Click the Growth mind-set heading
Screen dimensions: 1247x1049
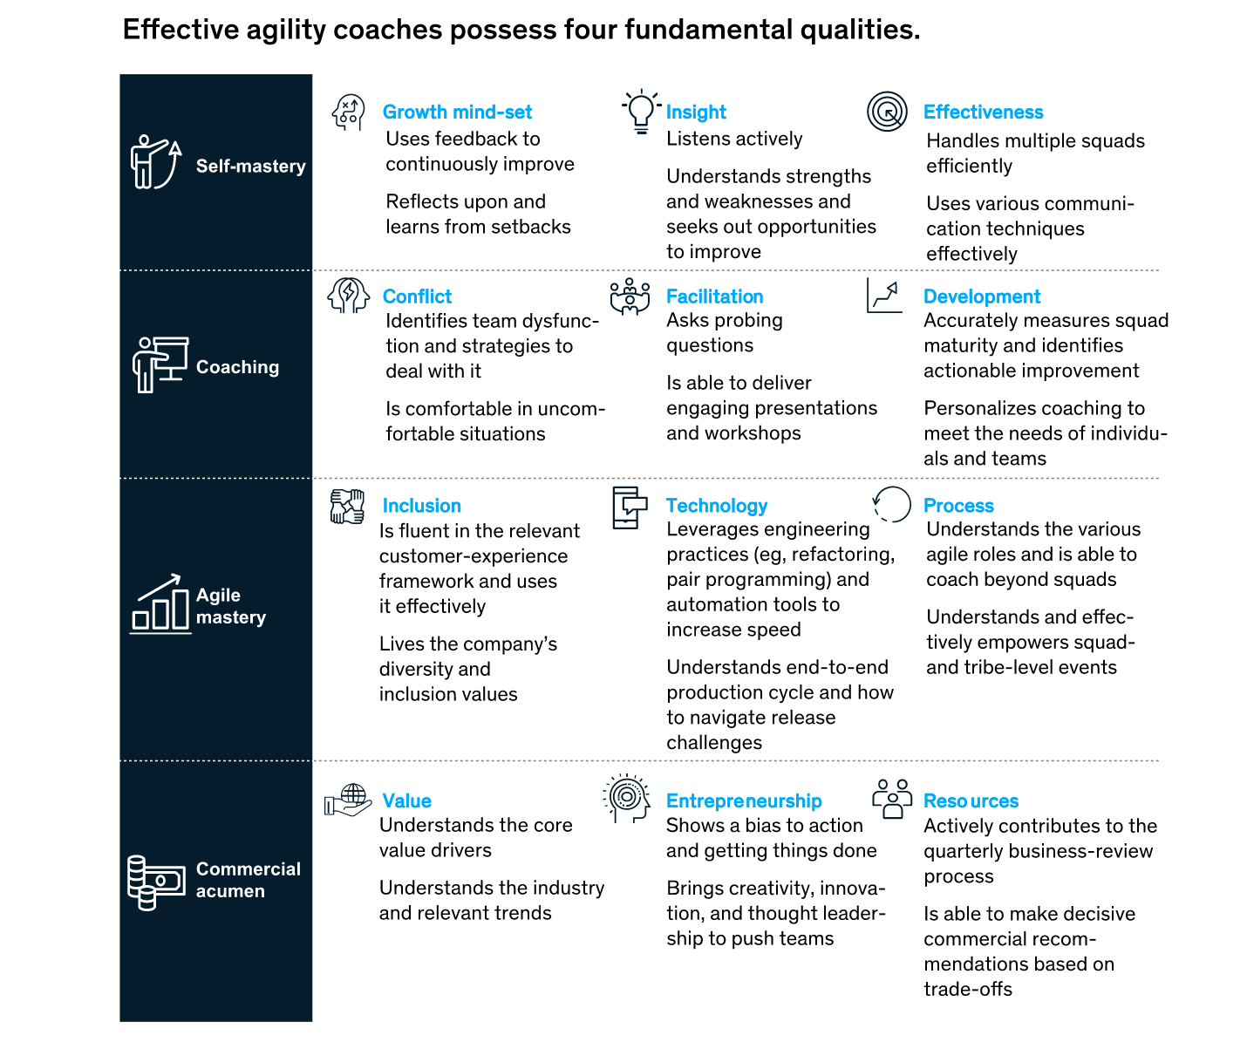coord(457,112)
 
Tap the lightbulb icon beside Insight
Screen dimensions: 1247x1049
coord(641,111)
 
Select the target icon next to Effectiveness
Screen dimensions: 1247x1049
coord(887,111)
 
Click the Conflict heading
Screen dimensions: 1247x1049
coord(417,296)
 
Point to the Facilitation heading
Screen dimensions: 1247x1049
coord(714,296)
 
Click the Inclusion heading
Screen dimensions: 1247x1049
coord(422,506)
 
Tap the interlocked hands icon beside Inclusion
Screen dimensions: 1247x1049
coord(347,507)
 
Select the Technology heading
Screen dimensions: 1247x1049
coord(717,506)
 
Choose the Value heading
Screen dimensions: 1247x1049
coord(406,800)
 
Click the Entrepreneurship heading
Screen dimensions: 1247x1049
coord(744,800)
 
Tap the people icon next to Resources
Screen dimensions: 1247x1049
coord(892,799)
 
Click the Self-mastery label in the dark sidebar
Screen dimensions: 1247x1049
coord(250,166)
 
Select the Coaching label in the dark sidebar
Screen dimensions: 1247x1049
coord(237,367)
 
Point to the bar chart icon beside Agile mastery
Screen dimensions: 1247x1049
coord(160,603)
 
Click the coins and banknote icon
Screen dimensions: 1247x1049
coord(156,882)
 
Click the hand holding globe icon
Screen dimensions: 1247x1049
coord(348,800)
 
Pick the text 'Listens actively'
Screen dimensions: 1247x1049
coord(734,139)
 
